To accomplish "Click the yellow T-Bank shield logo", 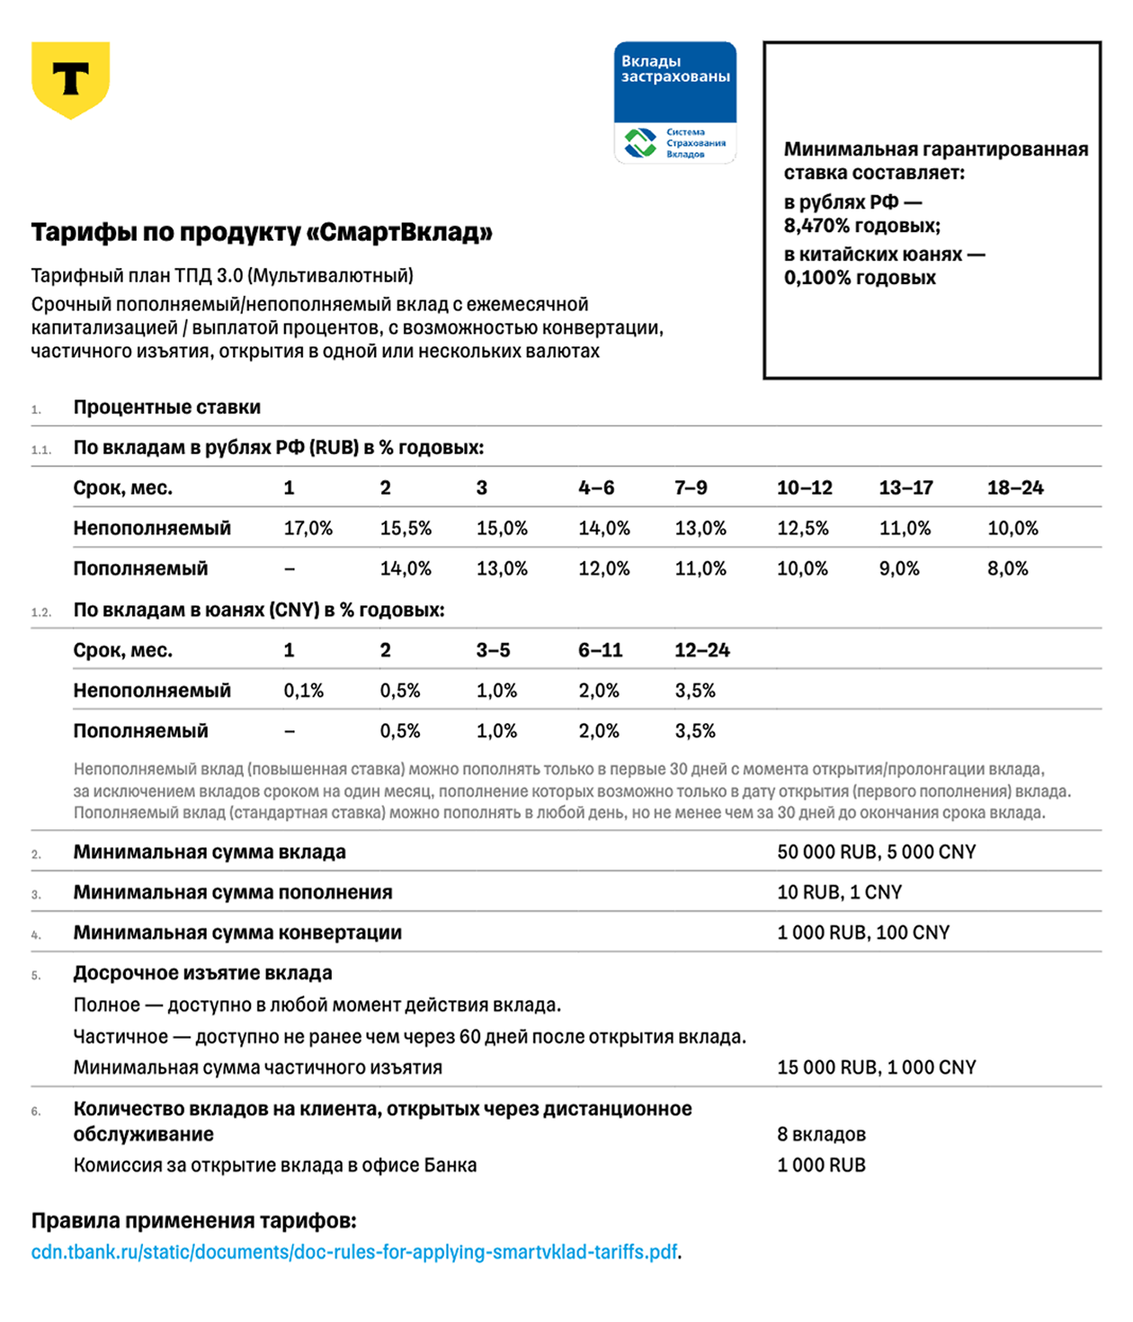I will coord(70,79).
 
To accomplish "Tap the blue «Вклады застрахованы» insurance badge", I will coord(674,102).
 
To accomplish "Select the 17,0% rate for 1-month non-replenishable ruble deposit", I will coord(308,528).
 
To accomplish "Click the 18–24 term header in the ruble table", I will coord(1014,487).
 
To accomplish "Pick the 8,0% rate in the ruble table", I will coord(1007,568).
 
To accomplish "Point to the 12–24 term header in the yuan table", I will coord(701,649).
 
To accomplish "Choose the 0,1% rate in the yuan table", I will coord(303,691).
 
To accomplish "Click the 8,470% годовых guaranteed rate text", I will coord(861,226).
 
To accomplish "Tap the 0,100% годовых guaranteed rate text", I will coord(860,278).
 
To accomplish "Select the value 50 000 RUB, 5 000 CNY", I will coord(876,852).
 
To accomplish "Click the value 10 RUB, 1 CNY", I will coord(839,892).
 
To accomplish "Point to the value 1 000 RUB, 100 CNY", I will coord(863,933).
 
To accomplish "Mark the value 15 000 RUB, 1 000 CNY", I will coord(876,1067).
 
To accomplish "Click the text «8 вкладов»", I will coord(821,1134).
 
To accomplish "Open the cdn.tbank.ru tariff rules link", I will coord(354,1252).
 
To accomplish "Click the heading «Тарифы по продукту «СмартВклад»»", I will coord(262,232).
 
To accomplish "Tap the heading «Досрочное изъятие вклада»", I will coord(202,973).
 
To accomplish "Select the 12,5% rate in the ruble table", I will coord(802,528).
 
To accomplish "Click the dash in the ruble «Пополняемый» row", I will coord(289,568).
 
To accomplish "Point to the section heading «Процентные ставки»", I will coord(167,407).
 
